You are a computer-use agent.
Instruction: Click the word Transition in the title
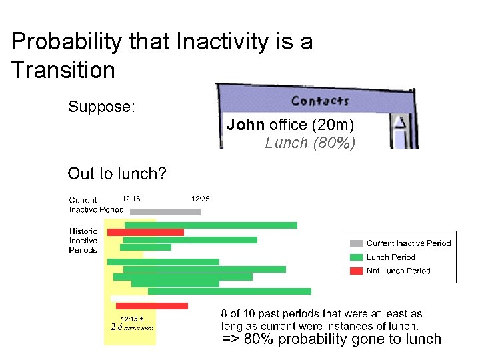click(x=63, y=70)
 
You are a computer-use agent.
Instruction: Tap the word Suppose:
click(x=102, y=107)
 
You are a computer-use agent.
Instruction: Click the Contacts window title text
click(x=320, y=101)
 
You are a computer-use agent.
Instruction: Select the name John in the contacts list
click(x=246, y=125)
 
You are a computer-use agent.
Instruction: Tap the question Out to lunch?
click(x=117, y=174)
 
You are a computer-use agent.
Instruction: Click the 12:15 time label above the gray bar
click(x=131, y=198)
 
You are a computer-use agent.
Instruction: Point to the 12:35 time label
click(x=201, y=198)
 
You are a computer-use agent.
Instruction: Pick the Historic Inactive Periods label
click(x=83, y=241)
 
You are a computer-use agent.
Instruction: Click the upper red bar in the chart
click(x=145, y=232)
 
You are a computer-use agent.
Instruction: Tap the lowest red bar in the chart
click(x=151, y=305)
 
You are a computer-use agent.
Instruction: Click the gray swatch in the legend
click(x=357, y=243)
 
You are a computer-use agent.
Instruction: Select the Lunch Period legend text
click(x=391, y=257)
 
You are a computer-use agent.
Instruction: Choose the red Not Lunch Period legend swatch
click(x=357, y=271)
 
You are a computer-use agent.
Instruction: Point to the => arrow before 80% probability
click(x=231, y=339)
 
